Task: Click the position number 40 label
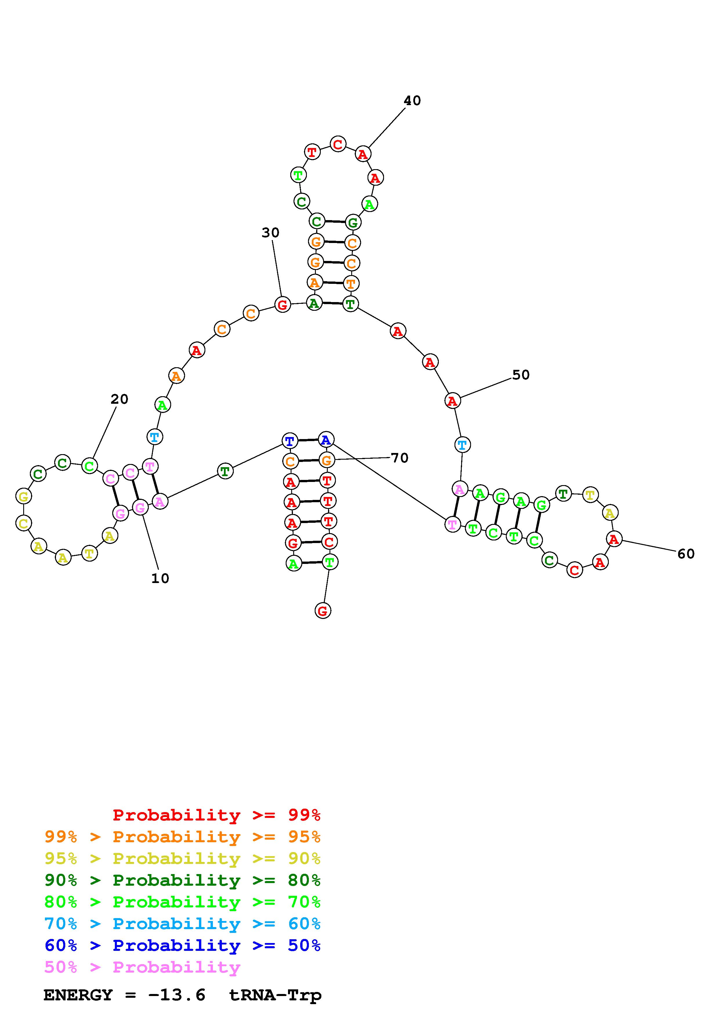coord(412,101)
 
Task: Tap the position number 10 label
coord(160,578)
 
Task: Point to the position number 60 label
coord(686,553)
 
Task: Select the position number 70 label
coord(399,458)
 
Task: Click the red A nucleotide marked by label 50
coord(452,401)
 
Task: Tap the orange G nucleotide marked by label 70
coord(327,461)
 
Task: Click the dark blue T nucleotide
coord(289,441)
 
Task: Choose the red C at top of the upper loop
coord(338,144)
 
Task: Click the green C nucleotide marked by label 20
coord(90,466)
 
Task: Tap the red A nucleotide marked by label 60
coord(613,539)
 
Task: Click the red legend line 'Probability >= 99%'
coord(216,815)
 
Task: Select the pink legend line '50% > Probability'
coord(142,967)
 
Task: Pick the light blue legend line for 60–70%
coord(182,924)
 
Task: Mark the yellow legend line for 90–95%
coord(182,858)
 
